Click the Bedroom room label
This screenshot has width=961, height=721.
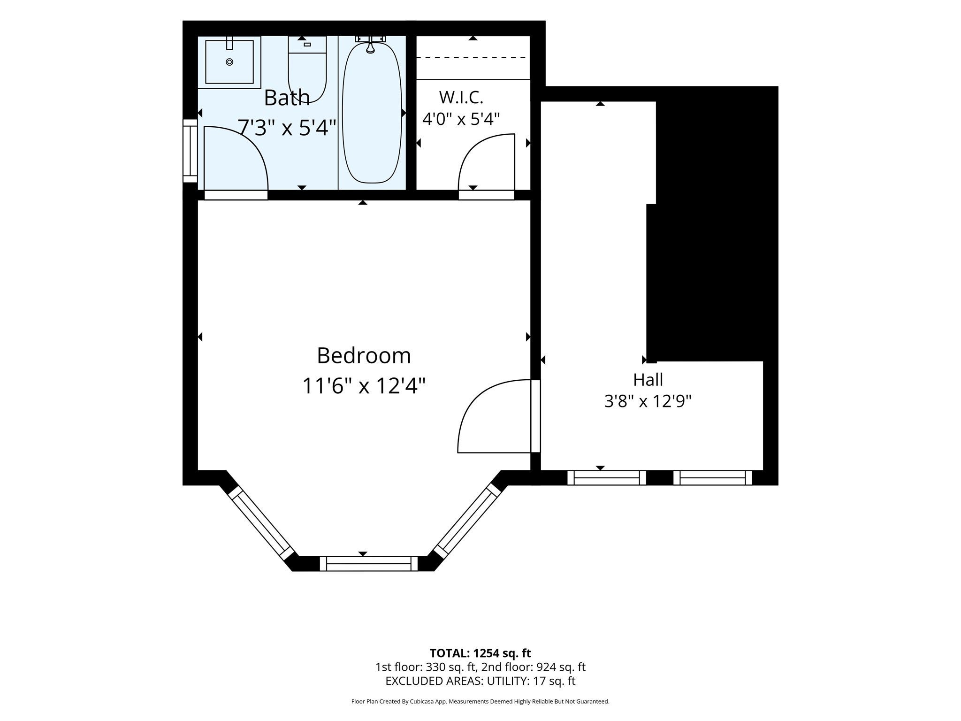364,355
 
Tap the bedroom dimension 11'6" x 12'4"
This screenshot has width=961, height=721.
364,386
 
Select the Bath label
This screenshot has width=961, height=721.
287,98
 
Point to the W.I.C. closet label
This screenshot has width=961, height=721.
461,97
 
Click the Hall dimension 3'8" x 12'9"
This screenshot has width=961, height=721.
648,401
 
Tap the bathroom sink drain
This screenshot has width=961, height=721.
229,62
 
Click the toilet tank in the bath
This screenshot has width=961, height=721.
307,45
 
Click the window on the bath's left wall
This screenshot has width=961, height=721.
190,151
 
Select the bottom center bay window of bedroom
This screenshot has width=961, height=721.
368,563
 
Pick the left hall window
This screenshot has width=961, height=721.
607,478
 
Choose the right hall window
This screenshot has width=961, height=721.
713,478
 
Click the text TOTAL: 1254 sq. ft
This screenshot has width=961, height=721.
480,653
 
